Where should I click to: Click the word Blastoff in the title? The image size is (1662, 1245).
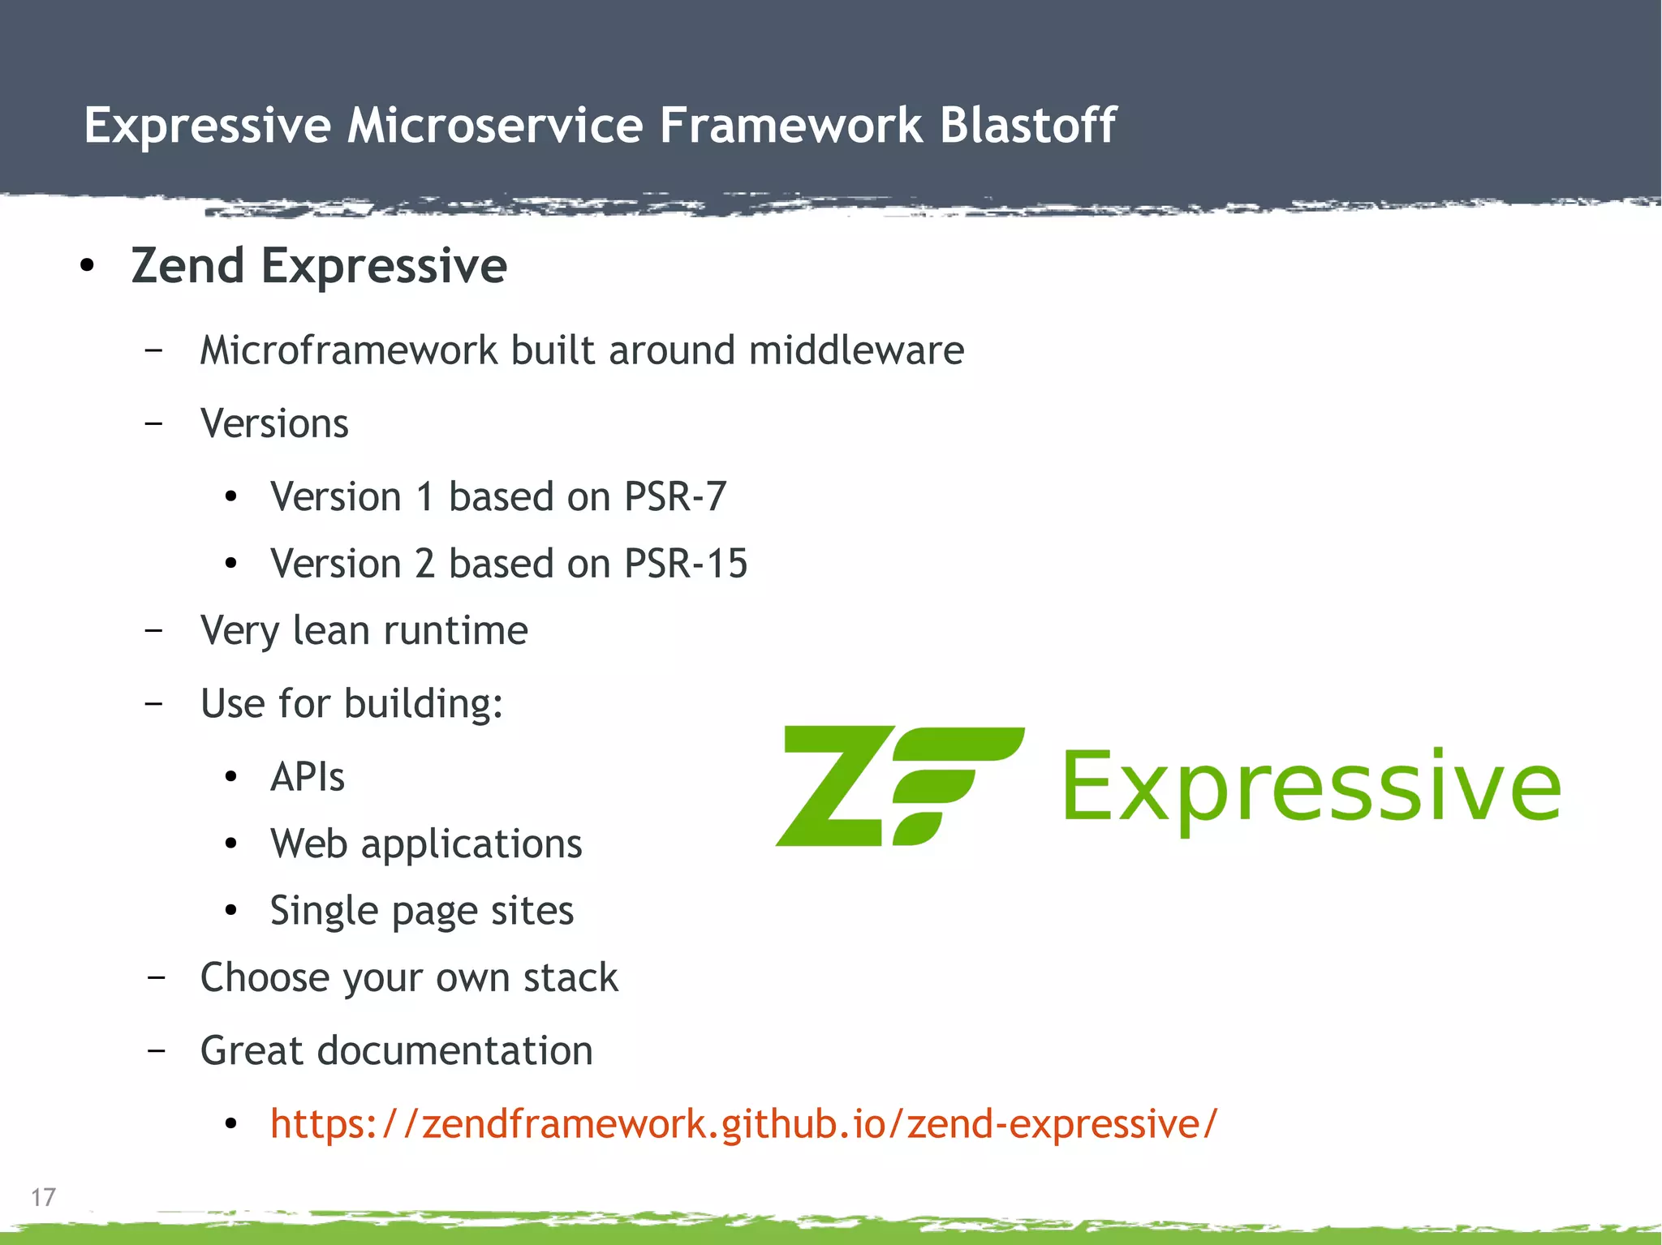point(1027,126)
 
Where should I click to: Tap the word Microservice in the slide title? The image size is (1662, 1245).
point(495,126)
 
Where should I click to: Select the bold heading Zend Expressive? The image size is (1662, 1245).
point(319,266)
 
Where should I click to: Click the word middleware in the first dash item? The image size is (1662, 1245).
point(856,350)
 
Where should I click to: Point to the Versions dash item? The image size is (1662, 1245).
point(274,423)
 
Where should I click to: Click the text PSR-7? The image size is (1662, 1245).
point(675,496)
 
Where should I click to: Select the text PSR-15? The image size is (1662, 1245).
point(686,564)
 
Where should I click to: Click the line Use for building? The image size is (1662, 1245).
point(351,703)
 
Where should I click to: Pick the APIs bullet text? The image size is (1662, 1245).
point(308,777)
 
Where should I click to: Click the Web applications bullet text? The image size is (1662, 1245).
point(426,844)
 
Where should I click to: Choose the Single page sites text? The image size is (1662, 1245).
point(422,911)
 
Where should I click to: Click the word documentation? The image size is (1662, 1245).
point(454,1051)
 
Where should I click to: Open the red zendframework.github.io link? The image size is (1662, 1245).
point(743,1124)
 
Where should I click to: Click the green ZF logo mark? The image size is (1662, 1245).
point(899,786)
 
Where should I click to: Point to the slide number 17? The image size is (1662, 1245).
point(43,1197)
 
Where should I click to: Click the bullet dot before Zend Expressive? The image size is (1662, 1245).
point(88,266)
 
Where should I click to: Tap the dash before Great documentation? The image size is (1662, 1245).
point(157,1051)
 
